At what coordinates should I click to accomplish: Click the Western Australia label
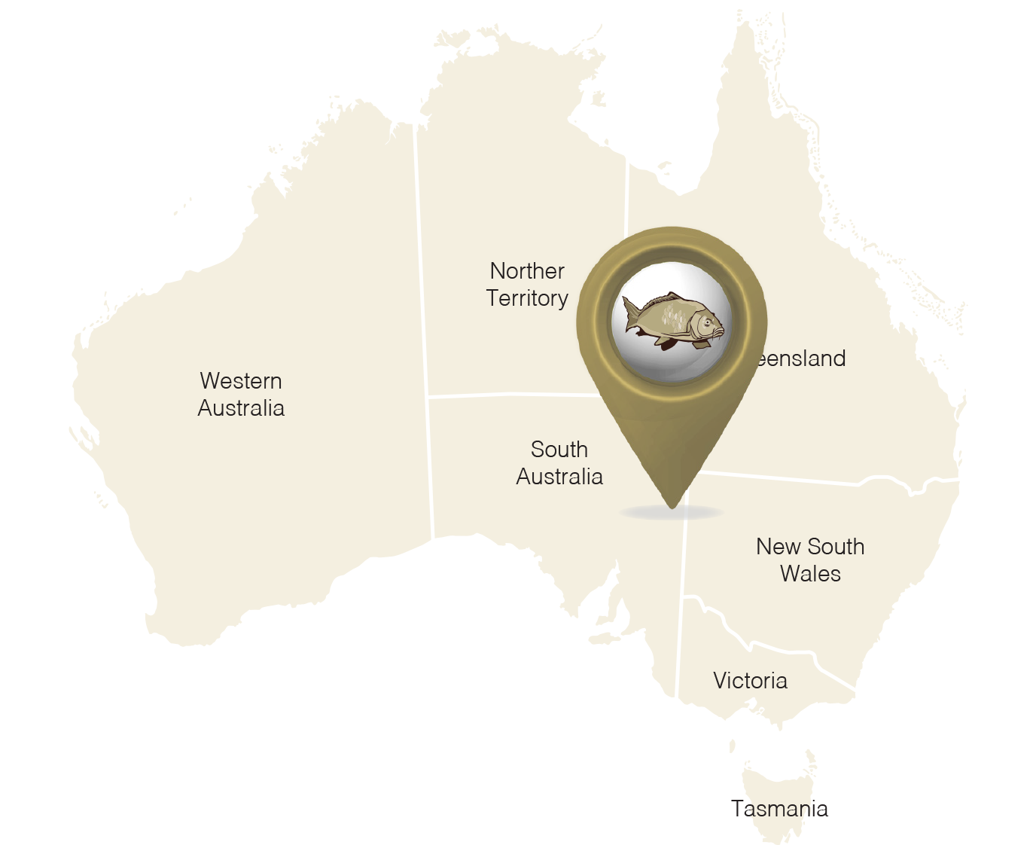coord(241,394)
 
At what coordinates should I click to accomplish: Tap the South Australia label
coord(559,462)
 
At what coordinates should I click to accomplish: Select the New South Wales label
coord(810,560)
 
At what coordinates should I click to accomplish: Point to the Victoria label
coord(750,681)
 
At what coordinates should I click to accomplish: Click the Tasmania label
coord(780,809)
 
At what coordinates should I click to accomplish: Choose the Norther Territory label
coord(527,285)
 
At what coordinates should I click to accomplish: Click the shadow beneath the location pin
coord(670,514)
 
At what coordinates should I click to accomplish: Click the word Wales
coord(810,574)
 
